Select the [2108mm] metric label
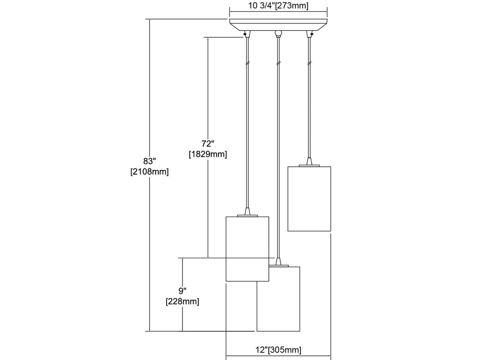pyautogui.click(x=149, y=172)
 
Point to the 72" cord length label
pyautogui.click(x=208, y=144)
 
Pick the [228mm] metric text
pyautogui.click(x=182, y=302)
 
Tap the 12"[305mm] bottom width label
pyautogui.click(x=278, y=350)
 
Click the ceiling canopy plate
pyautogui.click(x=278, y=25)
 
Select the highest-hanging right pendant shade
pyautogui.click(x=309, y=198)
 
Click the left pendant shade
pyautogui.click(x=247, y=248)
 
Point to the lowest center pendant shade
pyautogui.click(x=279, y=299)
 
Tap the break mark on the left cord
pyautogui.click(x=247, y=63)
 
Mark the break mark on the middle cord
pyautogui.click(x=278, y=63)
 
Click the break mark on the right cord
pyautogui.click(x=309, y=63)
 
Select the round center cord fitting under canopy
pyautogui.click(x=279, y=33)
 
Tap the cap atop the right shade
pyautogui.click(x=309, y=163)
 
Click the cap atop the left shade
pyautogui.click(x=247, y=213)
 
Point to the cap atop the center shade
pyautogui.click(x=279, y=263)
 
